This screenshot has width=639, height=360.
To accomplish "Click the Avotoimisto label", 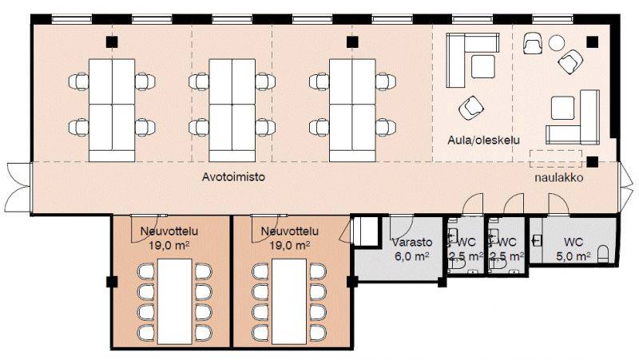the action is (233, 177).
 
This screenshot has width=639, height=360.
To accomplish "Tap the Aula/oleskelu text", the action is (484, 140).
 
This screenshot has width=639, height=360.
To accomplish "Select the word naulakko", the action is (558, 178).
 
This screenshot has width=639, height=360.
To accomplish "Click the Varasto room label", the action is (411, 243).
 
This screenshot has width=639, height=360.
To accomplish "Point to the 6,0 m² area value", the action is (411, 256).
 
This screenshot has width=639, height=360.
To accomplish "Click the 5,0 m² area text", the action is (574, 256).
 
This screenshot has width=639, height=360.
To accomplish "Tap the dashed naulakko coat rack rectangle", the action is (555, 159).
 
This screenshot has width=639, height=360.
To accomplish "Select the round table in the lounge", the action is (556, 42).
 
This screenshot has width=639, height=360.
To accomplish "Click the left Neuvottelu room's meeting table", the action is (175, 302).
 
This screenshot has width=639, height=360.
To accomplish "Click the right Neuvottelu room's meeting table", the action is (289, 302).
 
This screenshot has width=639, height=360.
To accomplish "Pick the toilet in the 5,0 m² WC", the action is (603, 254).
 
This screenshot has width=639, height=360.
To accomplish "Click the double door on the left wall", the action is (18, 188).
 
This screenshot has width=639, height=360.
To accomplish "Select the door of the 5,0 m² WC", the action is (558, 204).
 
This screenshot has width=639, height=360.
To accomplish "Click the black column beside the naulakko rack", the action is (592, 162).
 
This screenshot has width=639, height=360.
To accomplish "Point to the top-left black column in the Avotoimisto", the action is (112, 42).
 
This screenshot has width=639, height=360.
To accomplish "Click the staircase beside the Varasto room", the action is (366, 231).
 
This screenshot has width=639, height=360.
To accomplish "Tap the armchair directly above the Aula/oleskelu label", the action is (471, 108).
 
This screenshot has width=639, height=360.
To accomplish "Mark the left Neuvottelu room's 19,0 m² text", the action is (169, 246).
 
